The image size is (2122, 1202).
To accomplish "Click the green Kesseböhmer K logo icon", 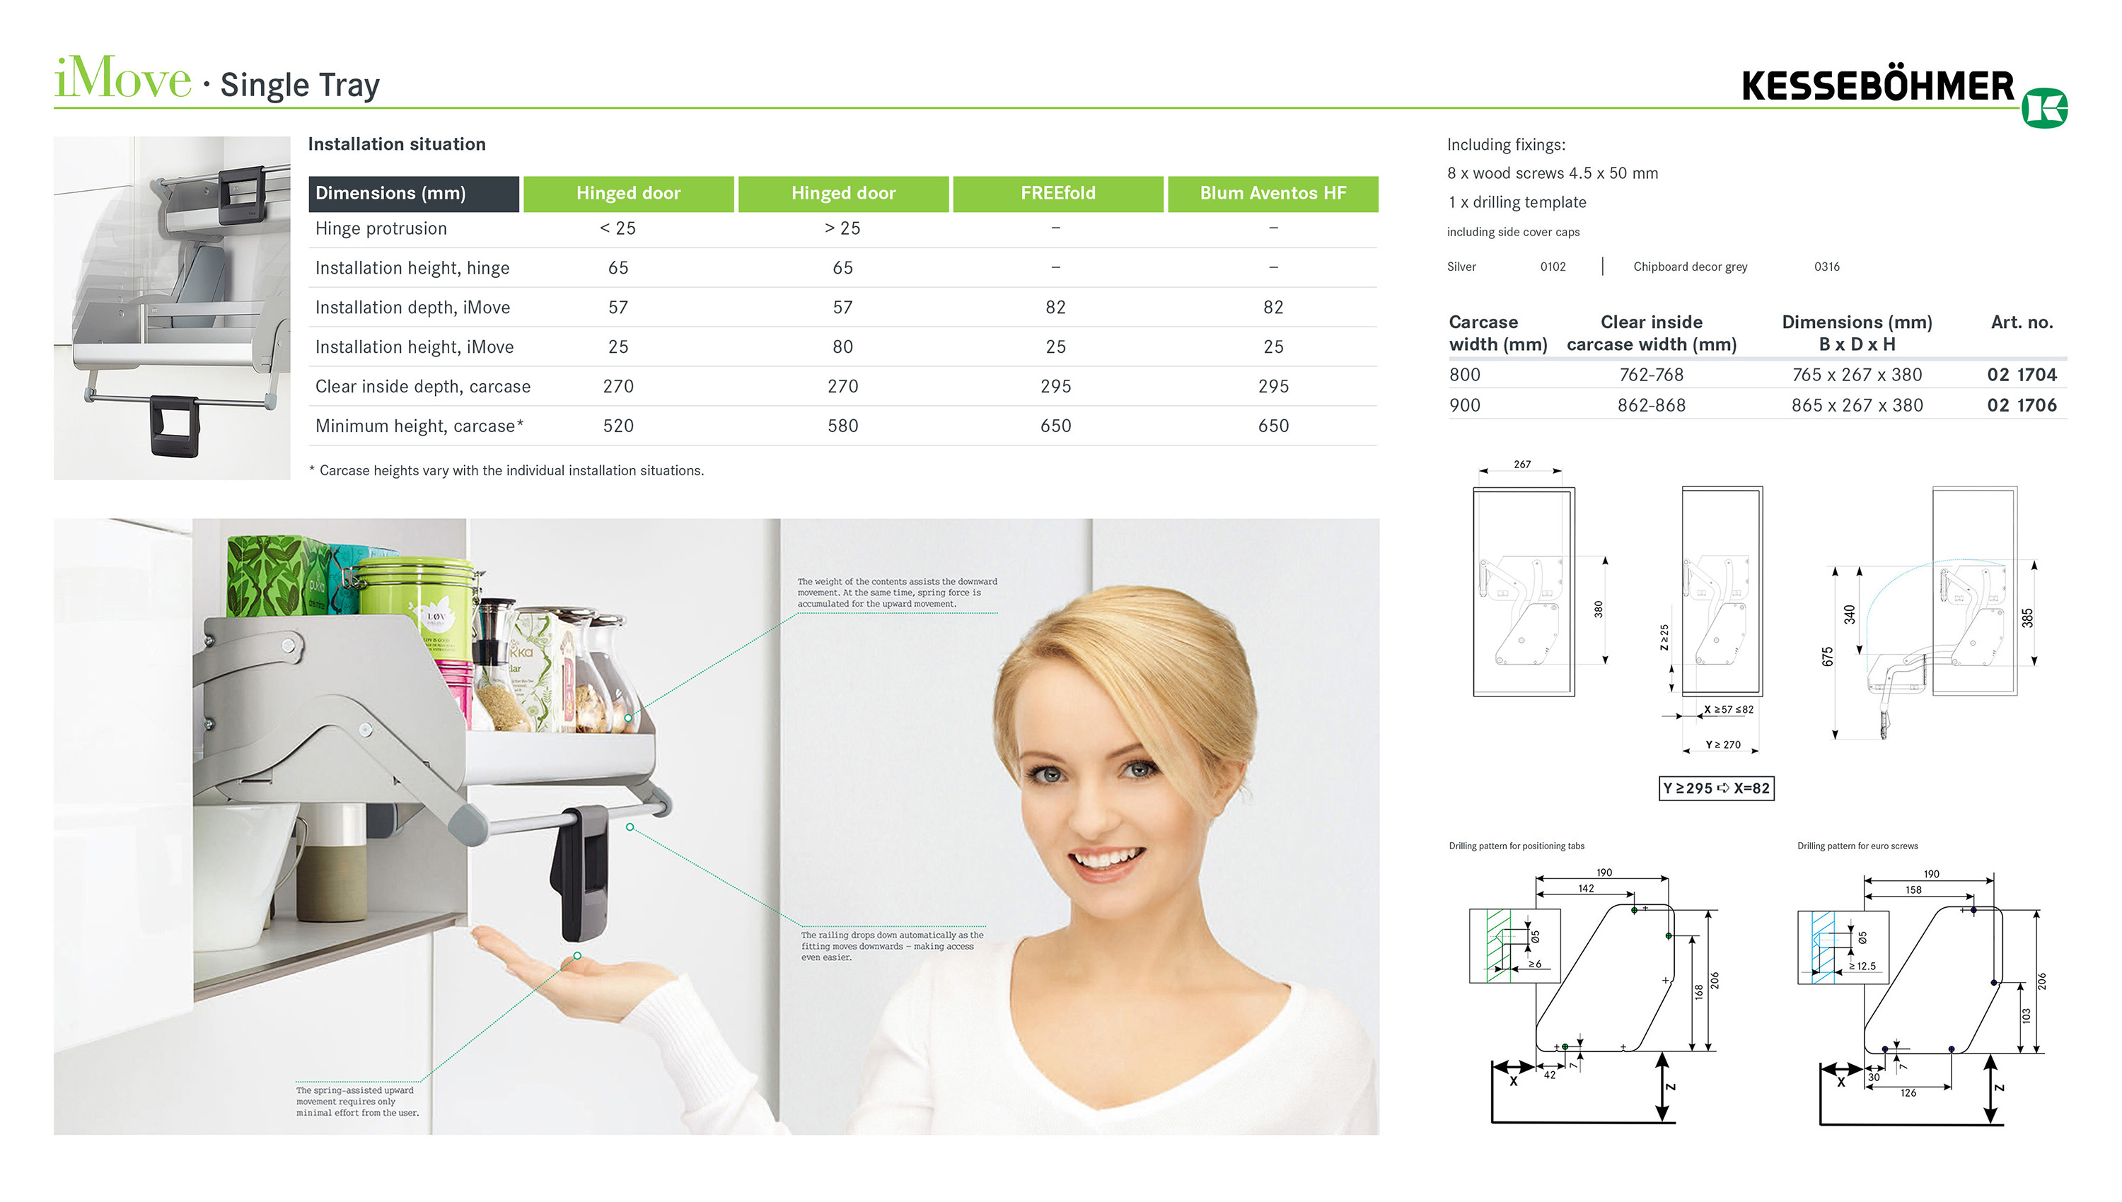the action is coord(2044,108).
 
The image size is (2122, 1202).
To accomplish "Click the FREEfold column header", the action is coord(1057,193).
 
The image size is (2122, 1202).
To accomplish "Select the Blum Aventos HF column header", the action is coord(1272,193).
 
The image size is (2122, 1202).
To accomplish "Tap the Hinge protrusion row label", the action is coord(381,228).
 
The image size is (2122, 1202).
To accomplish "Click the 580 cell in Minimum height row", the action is coord(842,426).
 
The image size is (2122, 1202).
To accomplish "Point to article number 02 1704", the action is coord(2022,375).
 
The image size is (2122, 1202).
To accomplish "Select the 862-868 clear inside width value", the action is coord(1652,405).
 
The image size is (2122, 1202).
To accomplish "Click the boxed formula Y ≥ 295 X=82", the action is coord(1716,788).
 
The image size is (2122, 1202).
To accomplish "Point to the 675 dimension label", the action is coord(1827,656).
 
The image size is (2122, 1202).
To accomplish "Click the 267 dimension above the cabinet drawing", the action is coord(1521,464).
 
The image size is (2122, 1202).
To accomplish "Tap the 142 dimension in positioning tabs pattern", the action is coord(1586,888).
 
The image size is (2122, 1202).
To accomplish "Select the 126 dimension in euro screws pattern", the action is coord(1908,1093).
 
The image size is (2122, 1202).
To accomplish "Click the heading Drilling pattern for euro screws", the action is coord(1857,846).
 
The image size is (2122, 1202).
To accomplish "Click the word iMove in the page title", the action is coord(122,79).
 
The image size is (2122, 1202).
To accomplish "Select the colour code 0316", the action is coord(1826,267).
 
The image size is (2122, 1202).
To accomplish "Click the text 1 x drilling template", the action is coord(1517,202).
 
